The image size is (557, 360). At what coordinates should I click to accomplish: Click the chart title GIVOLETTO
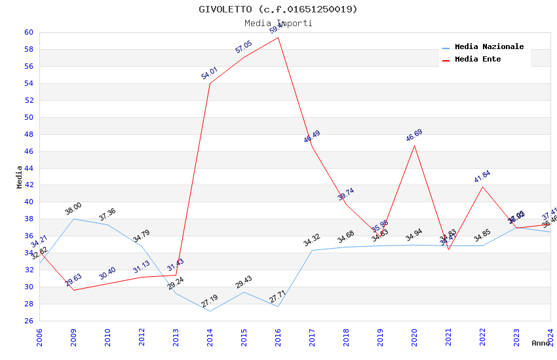(278, 9)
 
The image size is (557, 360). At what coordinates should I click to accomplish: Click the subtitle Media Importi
(278, 23)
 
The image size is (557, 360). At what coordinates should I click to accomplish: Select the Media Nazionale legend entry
(489, 47)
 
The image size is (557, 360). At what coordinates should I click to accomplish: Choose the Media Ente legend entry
(478, 60)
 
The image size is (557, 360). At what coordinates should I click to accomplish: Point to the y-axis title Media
(20, 177)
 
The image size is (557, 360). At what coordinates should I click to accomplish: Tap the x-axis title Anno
(541, 343)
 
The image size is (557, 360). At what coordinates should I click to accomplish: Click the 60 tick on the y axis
(29, 32)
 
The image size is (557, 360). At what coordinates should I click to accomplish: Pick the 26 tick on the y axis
(29, 321)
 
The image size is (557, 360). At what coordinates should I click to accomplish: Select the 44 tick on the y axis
(29, 168)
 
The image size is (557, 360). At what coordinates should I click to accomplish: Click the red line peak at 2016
(278, 37)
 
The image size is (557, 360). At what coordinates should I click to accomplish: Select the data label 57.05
(243, 47)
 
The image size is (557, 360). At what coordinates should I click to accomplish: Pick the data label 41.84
(482, 177)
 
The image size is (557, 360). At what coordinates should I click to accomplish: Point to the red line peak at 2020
(415, 145)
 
